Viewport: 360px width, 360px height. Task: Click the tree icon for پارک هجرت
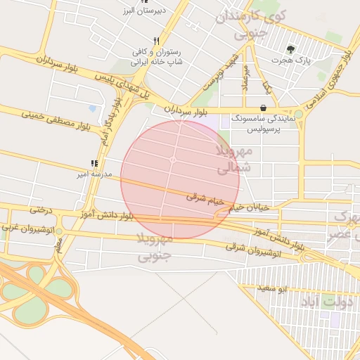point(290,49)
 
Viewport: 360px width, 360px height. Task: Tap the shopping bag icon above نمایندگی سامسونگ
point(263,108)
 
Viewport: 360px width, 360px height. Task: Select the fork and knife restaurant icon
point(157,41)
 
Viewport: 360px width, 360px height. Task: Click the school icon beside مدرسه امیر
point(94,164)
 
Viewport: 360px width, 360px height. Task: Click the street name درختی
point(41,210)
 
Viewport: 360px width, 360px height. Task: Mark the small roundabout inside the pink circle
point(173,160)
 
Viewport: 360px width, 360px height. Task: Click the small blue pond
point(92,108)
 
